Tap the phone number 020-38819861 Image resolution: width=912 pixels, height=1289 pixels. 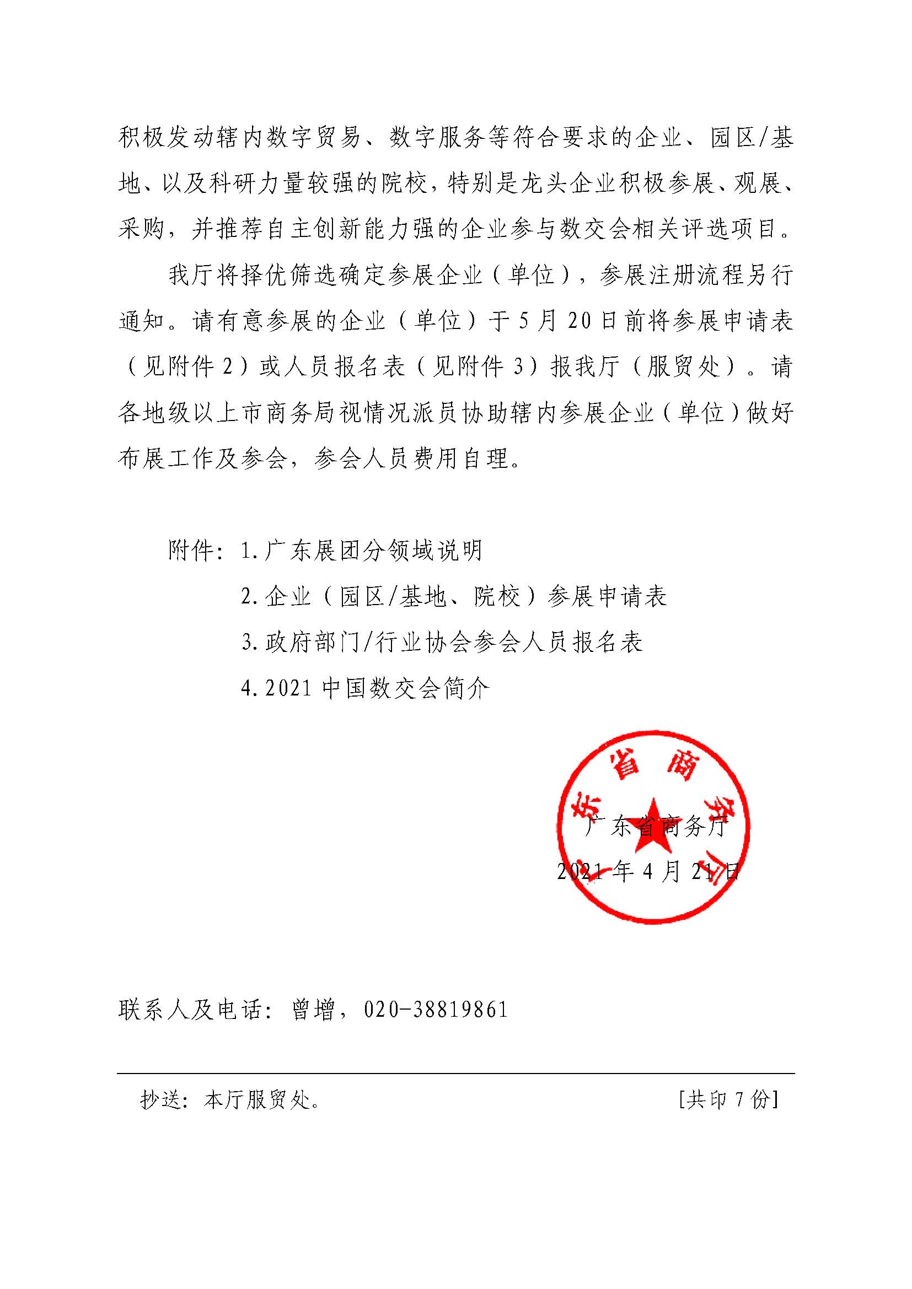436,1010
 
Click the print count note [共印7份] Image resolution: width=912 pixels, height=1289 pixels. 728,1100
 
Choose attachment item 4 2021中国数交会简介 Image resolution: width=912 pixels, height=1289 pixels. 366,688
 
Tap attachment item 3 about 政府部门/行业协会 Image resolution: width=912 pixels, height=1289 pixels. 442,642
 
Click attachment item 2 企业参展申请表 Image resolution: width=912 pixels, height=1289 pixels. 454,596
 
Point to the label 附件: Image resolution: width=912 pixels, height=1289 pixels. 191,551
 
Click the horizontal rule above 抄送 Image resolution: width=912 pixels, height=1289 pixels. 455,1074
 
